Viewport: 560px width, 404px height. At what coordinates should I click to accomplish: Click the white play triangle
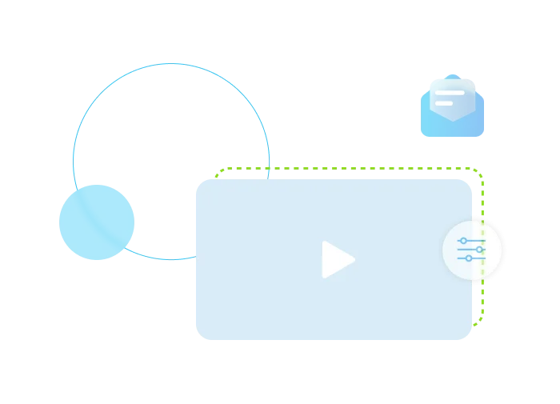[x=336, y=259]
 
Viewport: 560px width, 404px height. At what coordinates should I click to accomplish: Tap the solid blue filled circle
[x=96, y=222]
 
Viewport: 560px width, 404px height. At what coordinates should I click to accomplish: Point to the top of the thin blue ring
[x=171, y=62]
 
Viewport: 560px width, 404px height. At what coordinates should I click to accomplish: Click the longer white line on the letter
[x=449, y=93]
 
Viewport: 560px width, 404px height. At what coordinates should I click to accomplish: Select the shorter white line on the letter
[x=444, y=103]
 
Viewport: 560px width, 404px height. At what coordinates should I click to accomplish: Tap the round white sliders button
[x=472, y=250]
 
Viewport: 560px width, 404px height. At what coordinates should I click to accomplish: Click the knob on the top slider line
[x=463, y=241]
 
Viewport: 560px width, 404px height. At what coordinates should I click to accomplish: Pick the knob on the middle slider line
[x=479, y=250]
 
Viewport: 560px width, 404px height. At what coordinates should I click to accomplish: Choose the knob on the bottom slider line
[x=469, y=258]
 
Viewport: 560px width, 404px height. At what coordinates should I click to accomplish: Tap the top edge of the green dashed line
[x=352, y=168]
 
